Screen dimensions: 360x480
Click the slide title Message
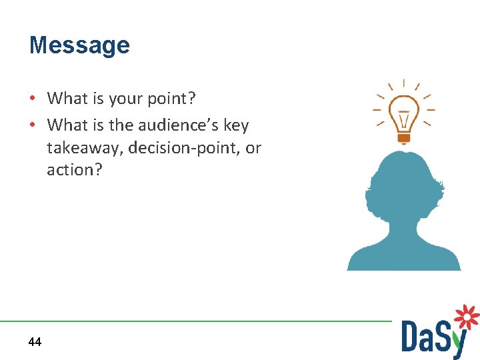pyautogui.click(x=79, y=45)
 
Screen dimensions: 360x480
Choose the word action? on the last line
pyautogui.click(x=75, y=170)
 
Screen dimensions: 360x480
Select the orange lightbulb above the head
pyautogui.click(x=403, y=115)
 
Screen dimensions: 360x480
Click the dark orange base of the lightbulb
pyautogui.click(x=403, y=139)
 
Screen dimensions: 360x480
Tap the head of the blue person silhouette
pyautogui.click(x=404, y=183)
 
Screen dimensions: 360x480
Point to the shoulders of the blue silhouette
pyautogui.click(x=404, y=257)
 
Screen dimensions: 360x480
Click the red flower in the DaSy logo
pyautogui.click(x=467, y=317)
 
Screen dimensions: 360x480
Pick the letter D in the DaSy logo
pyautogui.click(x=412, y=336)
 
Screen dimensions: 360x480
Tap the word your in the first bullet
pyautogui.click(x=124, y=99)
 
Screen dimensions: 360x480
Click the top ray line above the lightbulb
pyautogui.click(x=403, y=84)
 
